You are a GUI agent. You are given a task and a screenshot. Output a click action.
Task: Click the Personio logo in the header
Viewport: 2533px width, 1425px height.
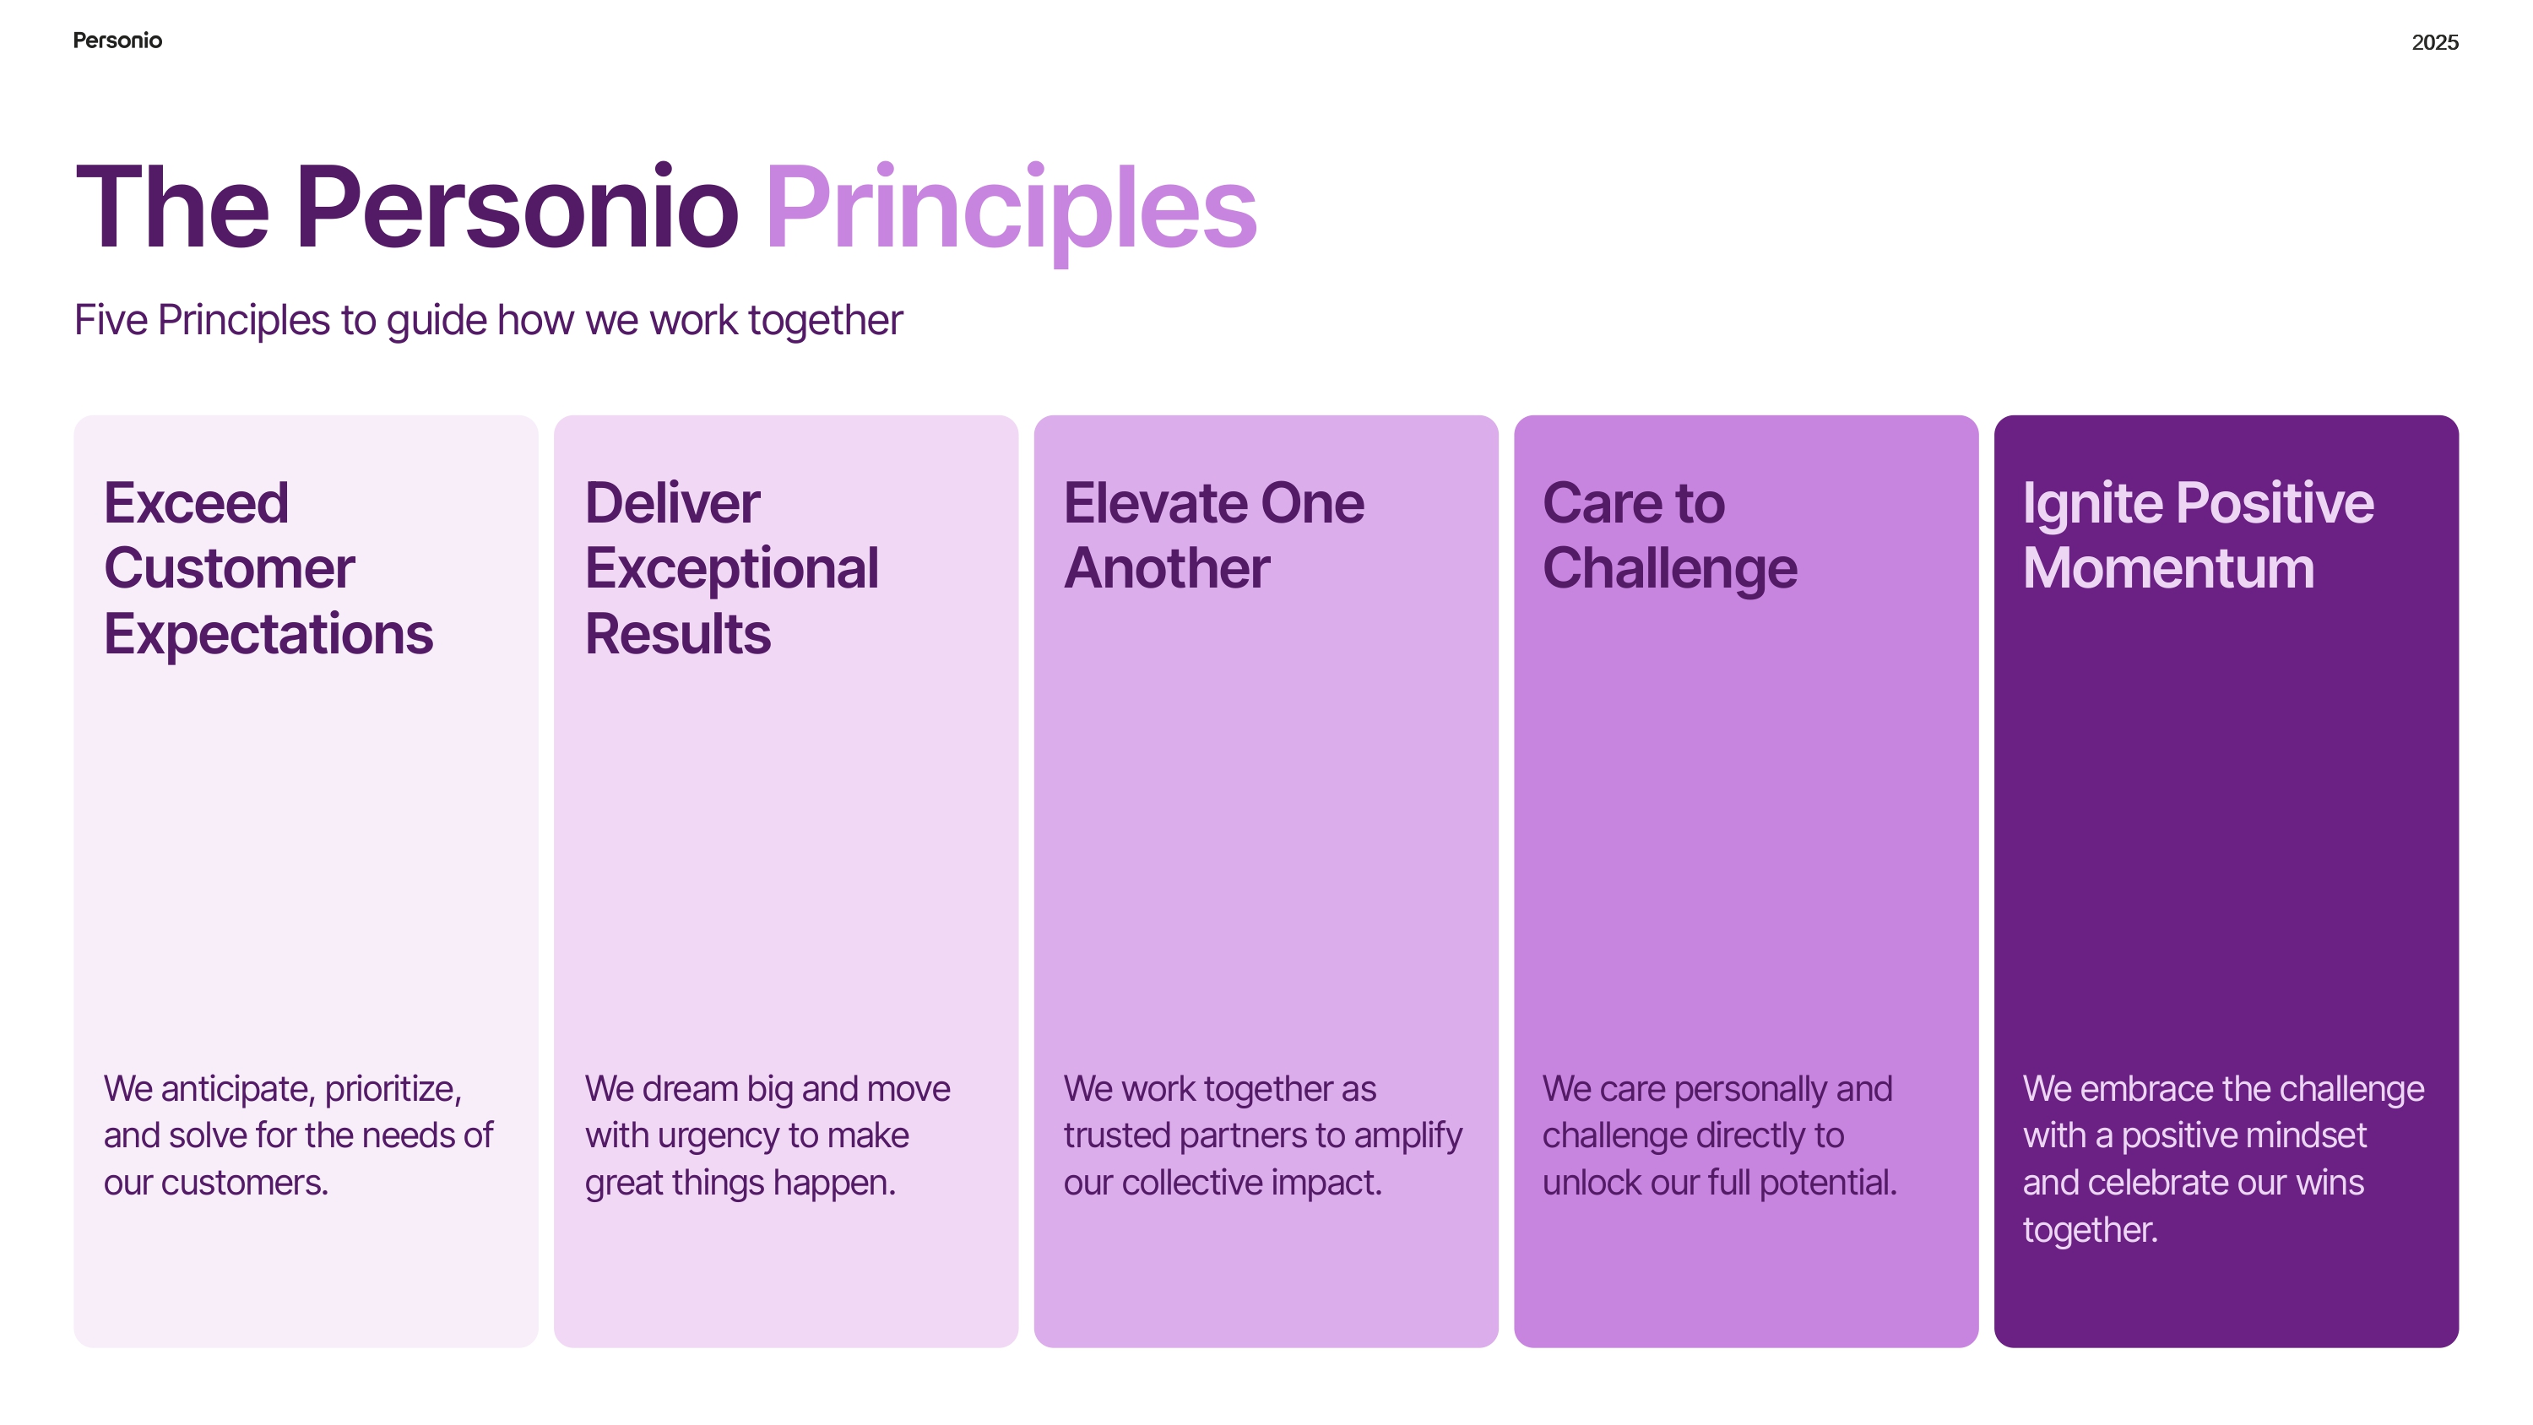point(117,41)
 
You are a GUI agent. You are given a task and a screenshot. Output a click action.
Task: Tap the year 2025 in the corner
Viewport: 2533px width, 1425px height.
point(2435,42)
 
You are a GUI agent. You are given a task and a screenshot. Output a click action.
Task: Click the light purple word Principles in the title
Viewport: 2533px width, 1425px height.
point(1012,210)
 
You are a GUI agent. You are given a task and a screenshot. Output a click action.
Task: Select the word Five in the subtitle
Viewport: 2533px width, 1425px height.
point(111,321)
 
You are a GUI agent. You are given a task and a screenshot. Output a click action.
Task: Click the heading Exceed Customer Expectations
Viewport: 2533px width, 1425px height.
point(268,567)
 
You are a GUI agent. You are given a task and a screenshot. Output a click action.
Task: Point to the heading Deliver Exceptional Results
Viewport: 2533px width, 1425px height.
point(731,567)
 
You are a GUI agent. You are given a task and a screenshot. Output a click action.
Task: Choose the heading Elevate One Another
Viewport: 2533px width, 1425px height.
point(1213,535)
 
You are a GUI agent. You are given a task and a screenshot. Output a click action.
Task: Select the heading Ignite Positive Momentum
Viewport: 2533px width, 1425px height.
point(2198,535)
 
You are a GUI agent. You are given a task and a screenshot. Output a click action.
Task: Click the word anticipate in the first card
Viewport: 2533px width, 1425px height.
point(236,1090)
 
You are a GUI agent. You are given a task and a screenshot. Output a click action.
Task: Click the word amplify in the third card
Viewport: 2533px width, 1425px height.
point(1408,1137)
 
